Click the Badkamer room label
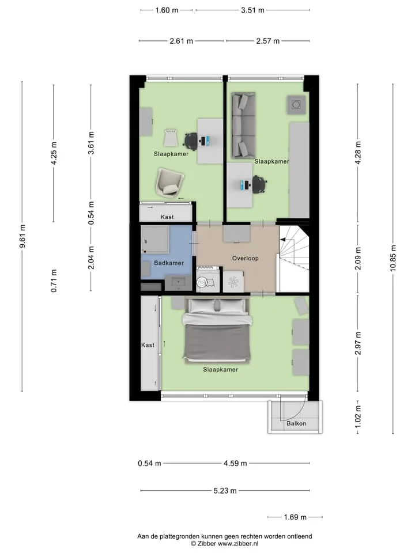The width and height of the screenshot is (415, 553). (x=169, y=263)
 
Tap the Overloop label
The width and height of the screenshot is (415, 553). (x=246, y=258)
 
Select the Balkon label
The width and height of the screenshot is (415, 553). (x=296, y=423)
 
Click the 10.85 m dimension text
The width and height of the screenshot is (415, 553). (x=393, y=258)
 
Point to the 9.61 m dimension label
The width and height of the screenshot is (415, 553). (x=22, y=236)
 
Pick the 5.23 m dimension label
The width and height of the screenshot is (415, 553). (x=225, y=491)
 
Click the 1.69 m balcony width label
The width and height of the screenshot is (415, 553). (x=295, y=517)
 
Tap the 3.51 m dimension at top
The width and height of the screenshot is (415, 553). (x=252, y=10)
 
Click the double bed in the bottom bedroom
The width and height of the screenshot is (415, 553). (x=217, y=331)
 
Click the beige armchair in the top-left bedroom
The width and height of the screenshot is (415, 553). (x=169, y=181)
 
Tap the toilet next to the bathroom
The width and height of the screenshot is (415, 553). (x=204, y=282)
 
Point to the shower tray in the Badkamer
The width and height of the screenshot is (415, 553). (x=154, y=240)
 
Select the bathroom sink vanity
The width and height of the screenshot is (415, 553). (x=178, y=283)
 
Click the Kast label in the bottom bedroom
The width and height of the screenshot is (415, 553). (x=148, y=345)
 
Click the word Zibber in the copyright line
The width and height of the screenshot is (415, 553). (x=206, y=544)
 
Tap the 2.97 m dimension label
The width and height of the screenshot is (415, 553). (x=358, y=343)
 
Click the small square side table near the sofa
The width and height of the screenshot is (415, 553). (x=296, y=105)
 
